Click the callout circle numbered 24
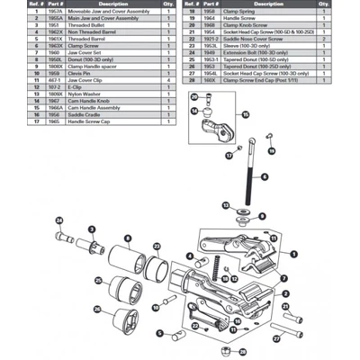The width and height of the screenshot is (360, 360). [58, 220]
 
